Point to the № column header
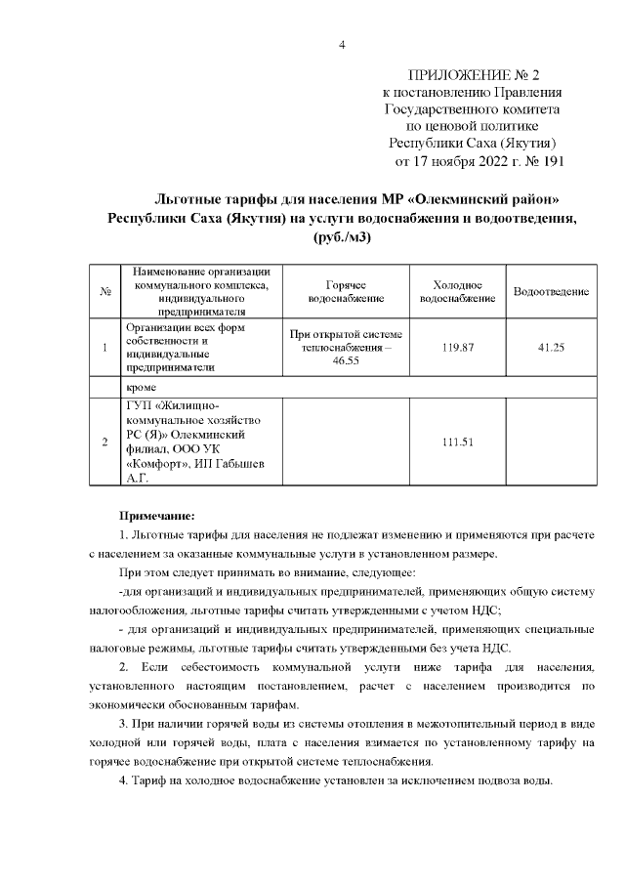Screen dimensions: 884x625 (104, 291)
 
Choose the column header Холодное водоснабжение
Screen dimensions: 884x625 (450, 291)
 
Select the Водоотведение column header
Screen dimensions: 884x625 (550, 291)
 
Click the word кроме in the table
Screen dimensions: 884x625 (143, 387)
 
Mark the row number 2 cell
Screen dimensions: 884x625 (104, 442)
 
